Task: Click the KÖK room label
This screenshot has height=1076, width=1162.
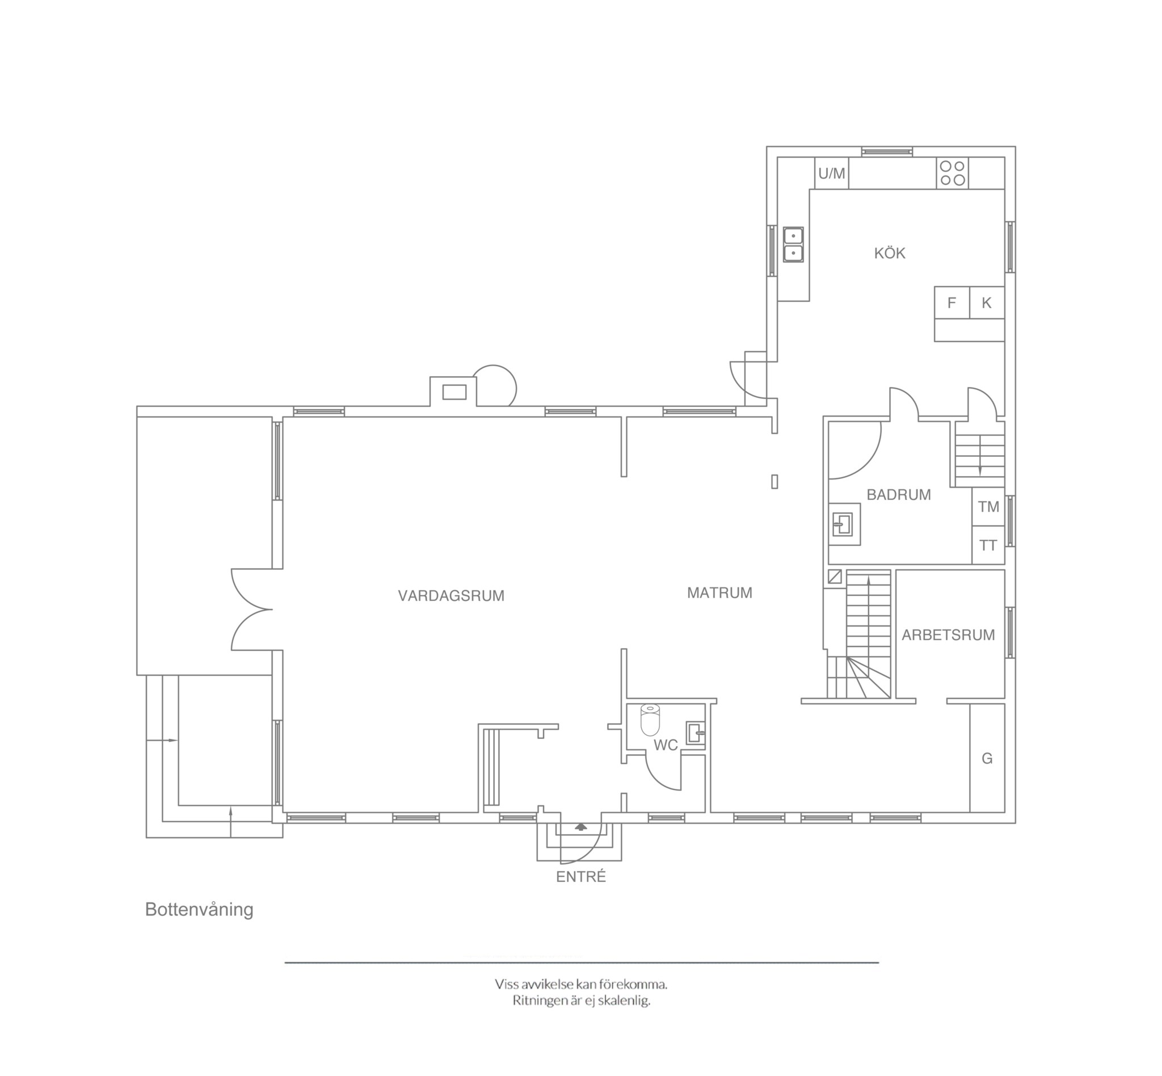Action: [890, 253]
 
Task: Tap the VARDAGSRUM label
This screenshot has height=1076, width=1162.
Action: [451, 596]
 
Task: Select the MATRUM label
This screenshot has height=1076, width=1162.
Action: [719, 592]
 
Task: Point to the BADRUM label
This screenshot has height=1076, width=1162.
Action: [899, 495]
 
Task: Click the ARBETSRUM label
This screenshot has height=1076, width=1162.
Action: [948, 634]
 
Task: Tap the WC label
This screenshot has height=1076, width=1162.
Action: [666, 745]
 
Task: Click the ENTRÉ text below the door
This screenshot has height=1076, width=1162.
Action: [581, 877]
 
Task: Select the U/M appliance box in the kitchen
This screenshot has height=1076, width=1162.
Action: [831, 173]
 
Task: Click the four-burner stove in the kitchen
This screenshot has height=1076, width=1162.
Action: [953, 173]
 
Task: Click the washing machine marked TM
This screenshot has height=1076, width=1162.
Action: [988, 507]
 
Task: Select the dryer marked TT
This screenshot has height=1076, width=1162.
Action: [988, 545]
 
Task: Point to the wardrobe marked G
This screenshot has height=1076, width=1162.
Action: [987, 758]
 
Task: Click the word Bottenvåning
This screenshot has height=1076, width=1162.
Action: [199, 910]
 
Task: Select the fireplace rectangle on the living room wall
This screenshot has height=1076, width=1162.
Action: [454, 392]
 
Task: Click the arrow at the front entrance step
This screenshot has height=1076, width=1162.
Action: [580, 826]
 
